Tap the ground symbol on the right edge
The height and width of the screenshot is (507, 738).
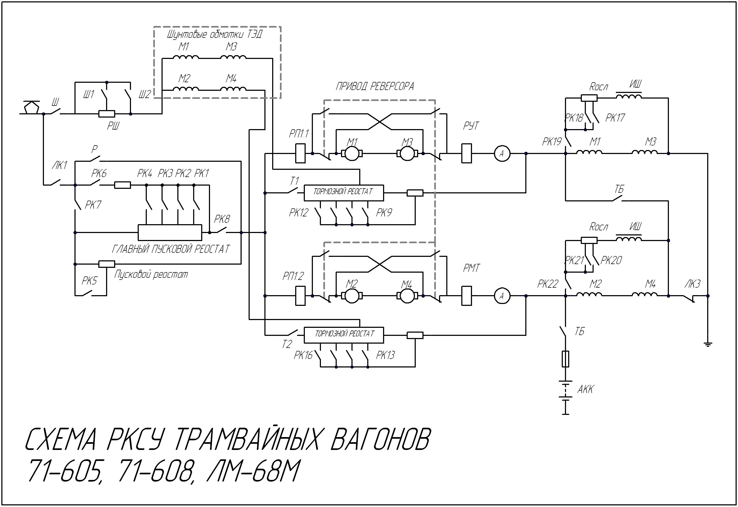(x=708, y=344)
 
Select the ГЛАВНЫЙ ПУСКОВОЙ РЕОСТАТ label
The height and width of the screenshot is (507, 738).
(x=171, y=249)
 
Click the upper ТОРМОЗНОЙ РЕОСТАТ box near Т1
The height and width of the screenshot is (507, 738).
(x=343, y=193)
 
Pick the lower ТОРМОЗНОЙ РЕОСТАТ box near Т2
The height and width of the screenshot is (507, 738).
(x=343, y=335)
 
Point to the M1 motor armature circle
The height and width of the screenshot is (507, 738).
(x=352, y=154)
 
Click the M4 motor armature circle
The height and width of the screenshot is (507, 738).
(x=406, y=296)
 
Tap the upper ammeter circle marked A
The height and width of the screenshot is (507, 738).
(x=502, y=154)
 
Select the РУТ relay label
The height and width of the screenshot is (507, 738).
(x=471, y=126)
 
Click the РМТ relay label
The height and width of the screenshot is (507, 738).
(x=471, y=268)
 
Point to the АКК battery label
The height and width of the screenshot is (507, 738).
(x=585, y=389)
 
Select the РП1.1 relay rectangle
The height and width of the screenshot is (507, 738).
(x=300, y=153)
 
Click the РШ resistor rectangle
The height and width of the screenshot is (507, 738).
(x=106, y=113)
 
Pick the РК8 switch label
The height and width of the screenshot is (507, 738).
(x=222, y=219)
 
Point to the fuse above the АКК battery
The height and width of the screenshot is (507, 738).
(x=565, y=359)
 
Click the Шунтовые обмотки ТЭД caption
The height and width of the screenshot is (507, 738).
(x=215, y=34)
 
